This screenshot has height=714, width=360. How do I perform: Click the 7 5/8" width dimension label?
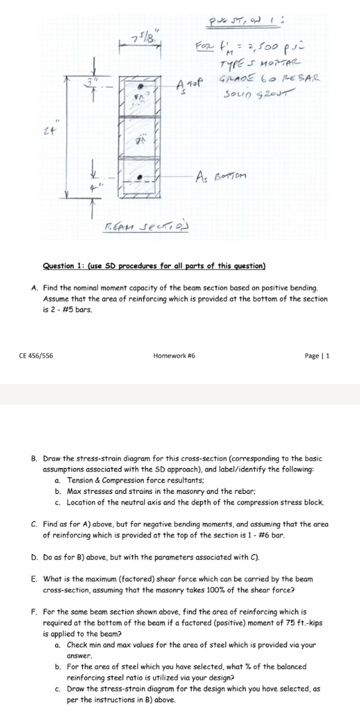point(146,35)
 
